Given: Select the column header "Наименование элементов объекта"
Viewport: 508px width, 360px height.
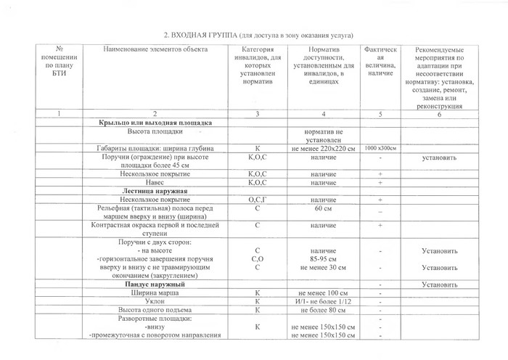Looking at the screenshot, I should pos(155,49).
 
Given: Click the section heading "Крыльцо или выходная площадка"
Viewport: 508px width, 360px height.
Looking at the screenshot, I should pos(155,125).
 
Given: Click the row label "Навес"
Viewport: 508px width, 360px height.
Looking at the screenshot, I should pos(155,182).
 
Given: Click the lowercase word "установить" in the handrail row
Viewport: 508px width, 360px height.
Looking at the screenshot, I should pos(441,157).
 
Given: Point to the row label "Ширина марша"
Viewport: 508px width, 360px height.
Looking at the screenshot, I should pos(155,293).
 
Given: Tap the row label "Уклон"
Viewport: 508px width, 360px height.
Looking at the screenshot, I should pos(155,302).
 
